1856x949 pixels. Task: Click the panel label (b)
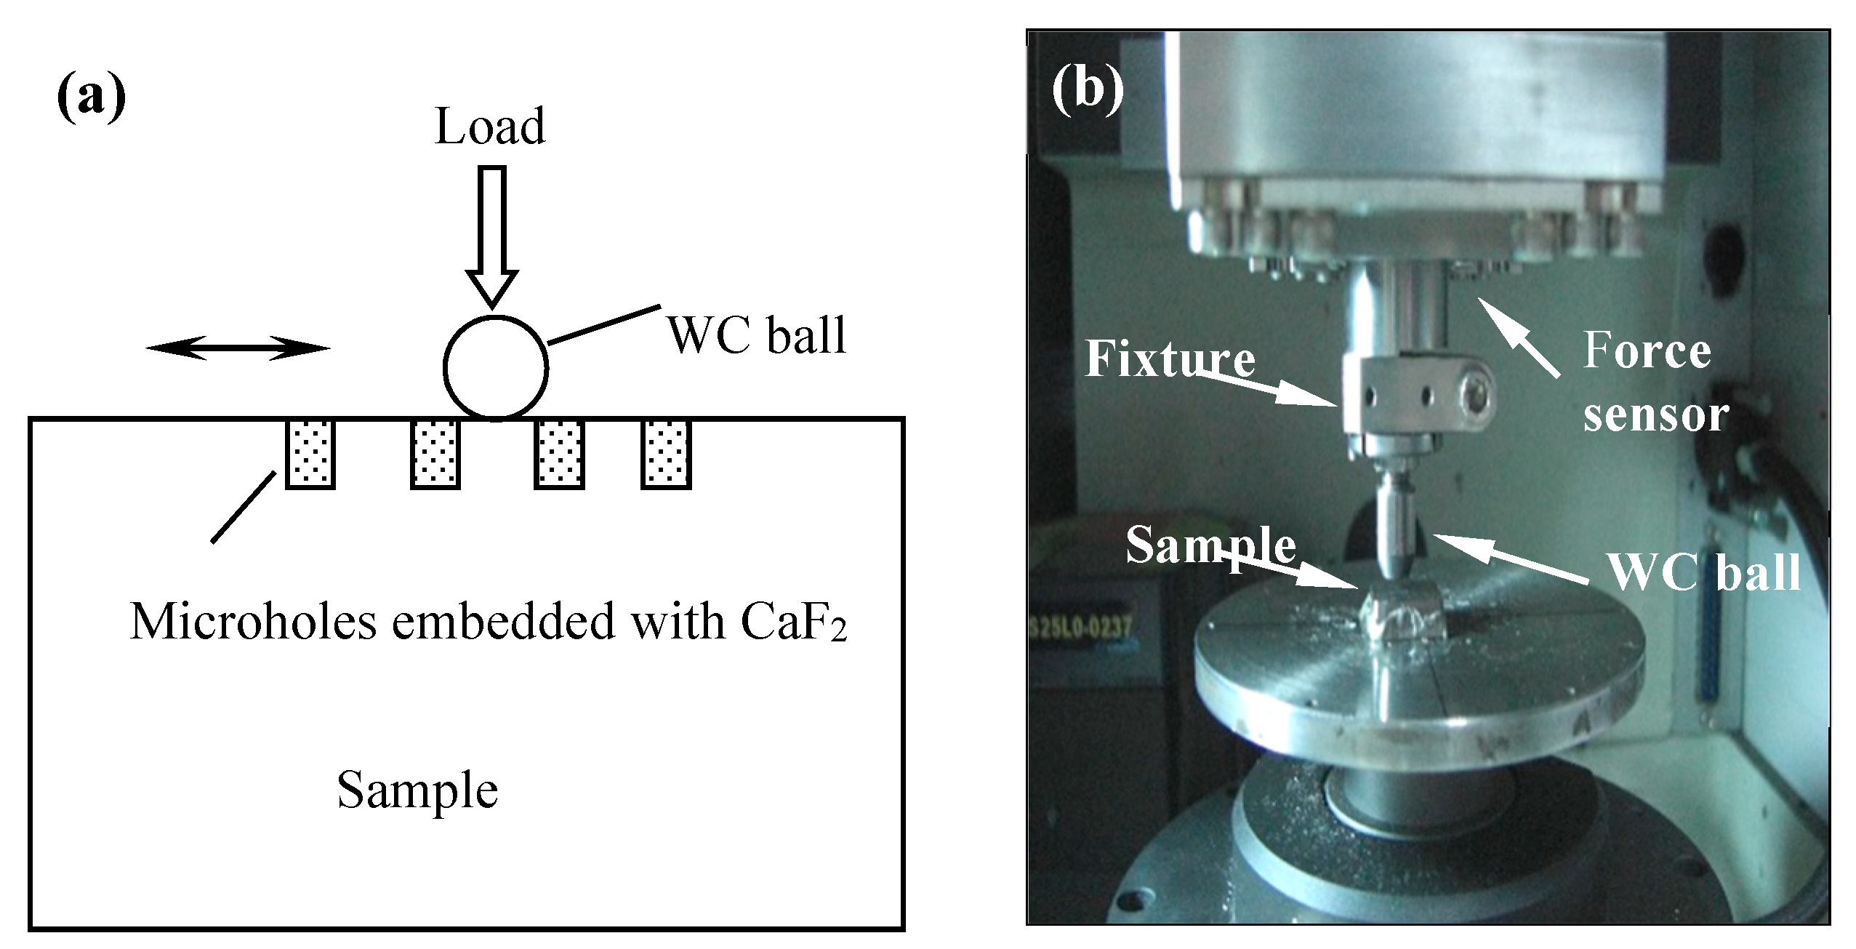point(1088,91)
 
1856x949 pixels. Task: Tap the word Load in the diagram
point(489,127)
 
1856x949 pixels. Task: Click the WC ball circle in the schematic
point(495,368)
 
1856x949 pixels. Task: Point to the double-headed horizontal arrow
point(238,348)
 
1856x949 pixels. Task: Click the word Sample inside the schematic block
point(417,790)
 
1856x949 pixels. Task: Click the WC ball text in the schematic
point(757,336)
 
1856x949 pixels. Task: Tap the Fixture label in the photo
point(1170,359)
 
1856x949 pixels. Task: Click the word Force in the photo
point(1647,351)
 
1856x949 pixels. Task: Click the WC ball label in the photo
point(1704,572)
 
